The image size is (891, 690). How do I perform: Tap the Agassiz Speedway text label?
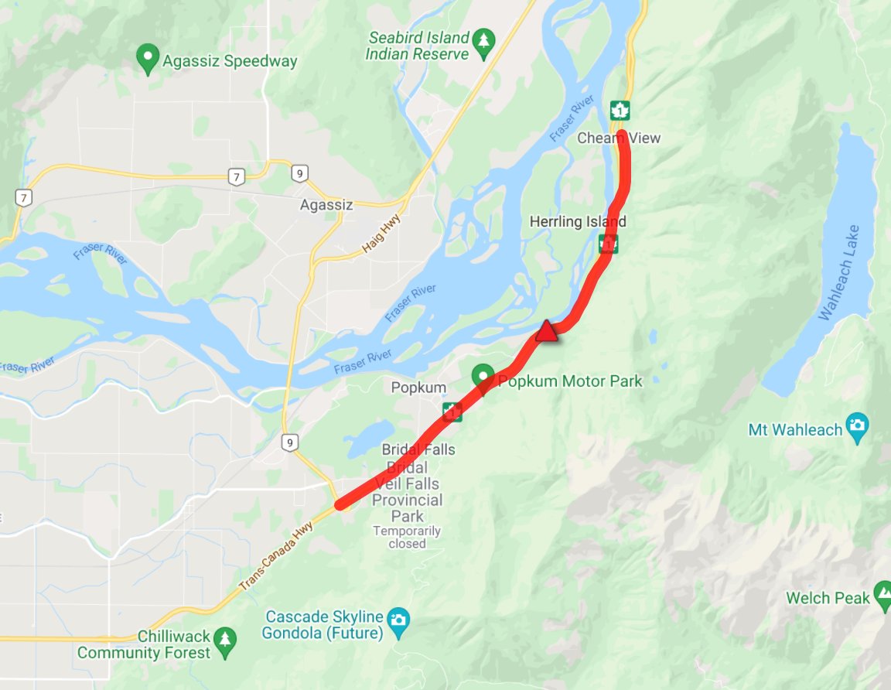click(x=230, y=61)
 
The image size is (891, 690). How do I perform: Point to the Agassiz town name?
click(x=326, y=205)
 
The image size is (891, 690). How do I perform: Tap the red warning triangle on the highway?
click(x=546, y=332)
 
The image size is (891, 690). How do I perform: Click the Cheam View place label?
click(x=619, y=138)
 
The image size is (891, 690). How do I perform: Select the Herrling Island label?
click(x=577, y=222)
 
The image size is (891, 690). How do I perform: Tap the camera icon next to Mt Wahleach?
click(x=857, y=424)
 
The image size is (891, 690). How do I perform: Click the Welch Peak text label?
click(x=828, y=598)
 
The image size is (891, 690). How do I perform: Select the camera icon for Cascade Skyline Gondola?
click(x=399, y=619)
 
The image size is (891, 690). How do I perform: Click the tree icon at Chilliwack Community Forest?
click(x=224, y=638)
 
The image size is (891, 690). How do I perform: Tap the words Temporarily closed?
click(x=407, y=537)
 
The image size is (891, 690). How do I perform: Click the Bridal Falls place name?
click(x=418, y=449)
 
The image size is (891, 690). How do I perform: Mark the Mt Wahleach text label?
click(x=795, y=429)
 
